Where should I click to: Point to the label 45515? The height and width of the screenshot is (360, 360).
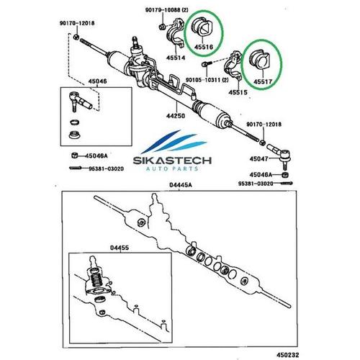tap(238, 92)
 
